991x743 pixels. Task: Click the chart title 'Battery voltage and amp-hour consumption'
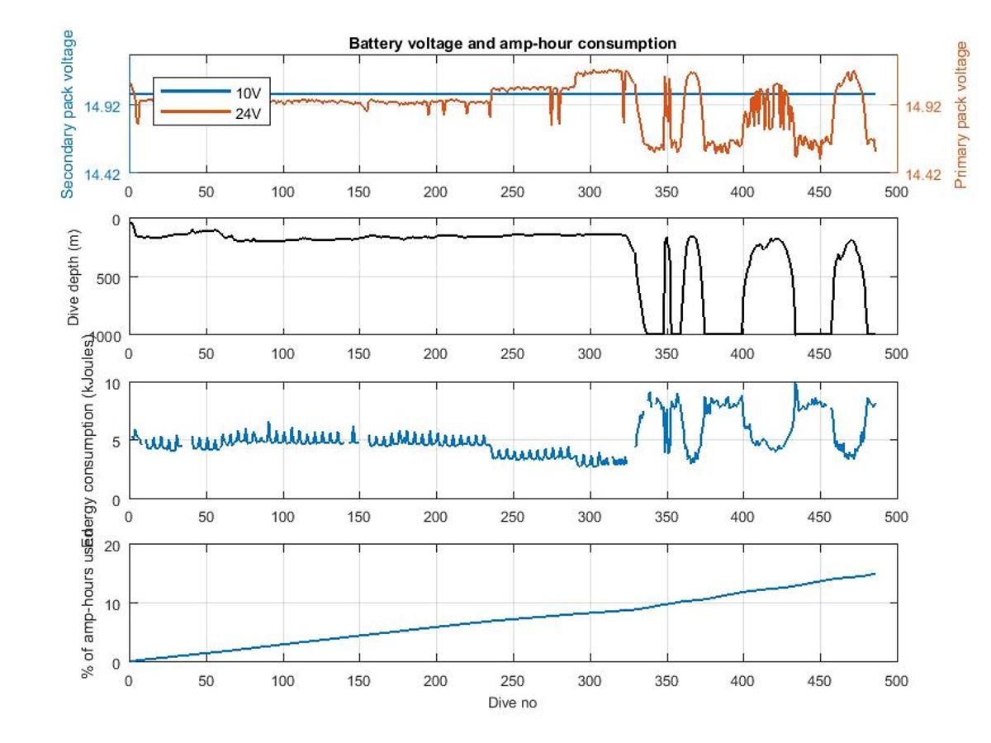[512, 44]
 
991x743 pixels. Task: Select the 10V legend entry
[248, 92]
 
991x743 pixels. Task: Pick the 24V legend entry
[248, 114]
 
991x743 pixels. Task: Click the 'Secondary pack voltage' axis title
[69, 114]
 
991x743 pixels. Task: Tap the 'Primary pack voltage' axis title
[960, 116]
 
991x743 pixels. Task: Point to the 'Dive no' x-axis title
[512, 703]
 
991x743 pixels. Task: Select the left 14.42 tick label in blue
[104, 174]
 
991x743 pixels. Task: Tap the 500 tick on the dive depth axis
[111, 277]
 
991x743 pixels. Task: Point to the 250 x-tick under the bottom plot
[513, 681]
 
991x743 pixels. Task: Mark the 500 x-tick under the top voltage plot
[897, 192]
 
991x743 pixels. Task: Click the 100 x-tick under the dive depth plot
[282, 354]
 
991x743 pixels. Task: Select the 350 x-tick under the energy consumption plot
[666, 518]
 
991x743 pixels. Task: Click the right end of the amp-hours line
[875, 574]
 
